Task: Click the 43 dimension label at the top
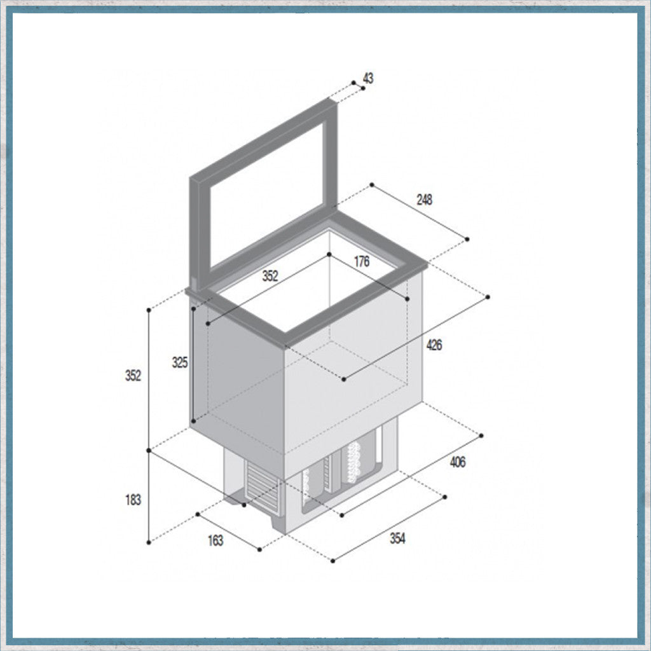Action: (x=368, y=78)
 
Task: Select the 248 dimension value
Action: (x=424, y=200)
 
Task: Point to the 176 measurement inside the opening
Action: (x=362, y=261)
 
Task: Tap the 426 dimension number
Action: (x=434, y=345)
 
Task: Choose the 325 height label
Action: (x=180, y=363)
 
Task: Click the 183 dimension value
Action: (x=133, y=500)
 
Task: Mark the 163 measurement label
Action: (x=216, y=540)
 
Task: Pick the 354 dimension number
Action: (x=397, y=538)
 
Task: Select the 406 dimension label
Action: (x=457, y=462)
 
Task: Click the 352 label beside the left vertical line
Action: (x=133, y=376)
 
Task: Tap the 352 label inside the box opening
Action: (x=270, y=276)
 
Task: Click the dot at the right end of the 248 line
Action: (x=467, y=239)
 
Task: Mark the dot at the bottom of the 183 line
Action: (x=149, y=542)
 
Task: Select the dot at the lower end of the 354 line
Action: (x=334, y=560)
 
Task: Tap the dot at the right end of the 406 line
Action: (x=482, y=435)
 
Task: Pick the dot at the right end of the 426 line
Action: (x=488, y=297)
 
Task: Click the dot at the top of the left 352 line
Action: (x=149, y=310)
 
